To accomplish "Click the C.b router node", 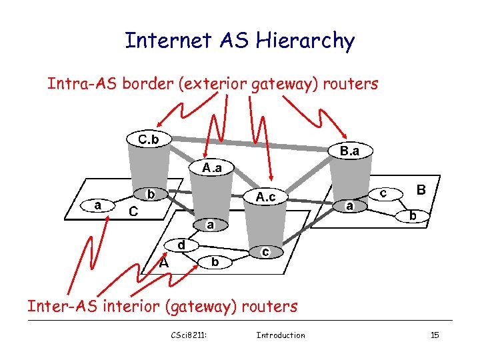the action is click(147, 140).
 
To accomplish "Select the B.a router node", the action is click(349, 151).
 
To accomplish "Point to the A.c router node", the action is click(265, 197).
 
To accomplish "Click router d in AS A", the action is click(181, 245).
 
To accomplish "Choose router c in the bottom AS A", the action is click(265, 252).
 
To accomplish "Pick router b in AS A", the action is click(215, 262).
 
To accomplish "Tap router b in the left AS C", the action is click(151, 195).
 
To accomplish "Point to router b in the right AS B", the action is click(413, 216).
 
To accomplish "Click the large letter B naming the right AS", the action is click(421, 189).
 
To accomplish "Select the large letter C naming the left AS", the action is click(133, 212).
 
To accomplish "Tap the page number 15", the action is click(435, 335).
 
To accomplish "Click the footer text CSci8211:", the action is click(189, 335).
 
